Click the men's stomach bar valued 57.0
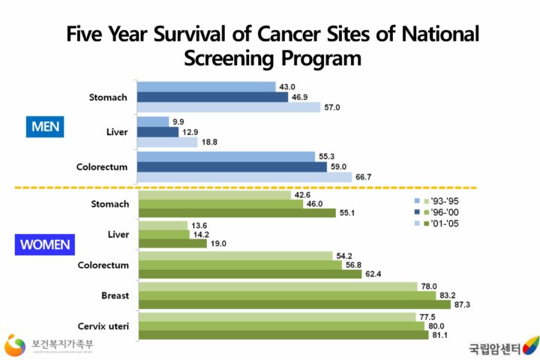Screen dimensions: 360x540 coord(229,107)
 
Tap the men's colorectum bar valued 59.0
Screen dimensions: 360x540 coord(232,166)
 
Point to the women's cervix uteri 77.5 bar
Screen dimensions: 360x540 coord(277,316)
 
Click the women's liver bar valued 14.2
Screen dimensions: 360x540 coord(164,233)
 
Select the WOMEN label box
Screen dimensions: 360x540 coord(45,244)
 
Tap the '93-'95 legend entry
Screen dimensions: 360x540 coord(441,201)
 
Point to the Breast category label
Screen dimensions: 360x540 coord(115,295)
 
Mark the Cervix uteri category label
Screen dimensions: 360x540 coord(104,325)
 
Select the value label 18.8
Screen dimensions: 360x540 coord(208,142)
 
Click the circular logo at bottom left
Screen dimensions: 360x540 coord(15,345)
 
